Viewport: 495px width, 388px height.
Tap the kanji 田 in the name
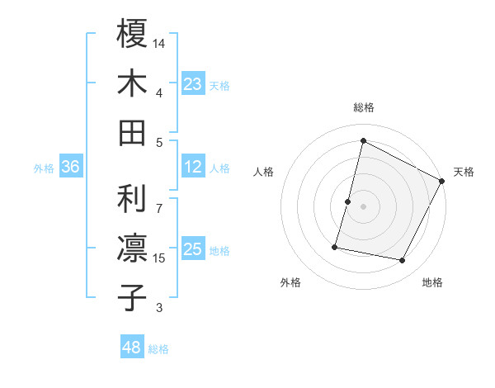(132, 132)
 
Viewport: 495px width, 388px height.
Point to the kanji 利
(132, 197)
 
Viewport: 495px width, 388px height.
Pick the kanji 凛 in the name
(132, 248)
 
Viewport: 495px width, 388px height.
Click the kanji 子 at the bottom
(132, 297)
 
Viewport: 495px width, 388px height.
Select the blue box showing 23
(193, 83)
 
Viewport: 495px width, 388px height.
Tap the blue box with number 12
(193, 167)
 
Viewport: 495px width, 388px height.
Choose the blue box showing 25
(193, 249)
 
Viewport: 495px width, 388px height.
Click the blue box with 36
(71, 167)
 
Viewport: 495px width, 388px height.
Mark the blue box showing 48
(132, 348)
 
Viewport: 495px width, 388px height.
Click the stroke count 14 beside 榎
(160, 42)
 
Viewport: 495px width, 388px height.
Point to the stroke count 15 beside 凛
(160, 258)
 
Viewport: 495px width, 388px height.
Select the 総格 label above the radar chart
(364, 107)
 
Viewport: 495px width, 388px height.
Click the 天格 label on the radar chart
(464, 172)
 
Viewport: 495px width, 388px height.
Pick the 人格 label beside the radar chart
(264, 172)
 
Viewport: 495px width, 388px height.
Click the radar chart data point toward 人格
(348, 201)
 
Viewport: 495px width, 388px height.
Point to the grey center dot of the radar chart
(364, 206)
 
